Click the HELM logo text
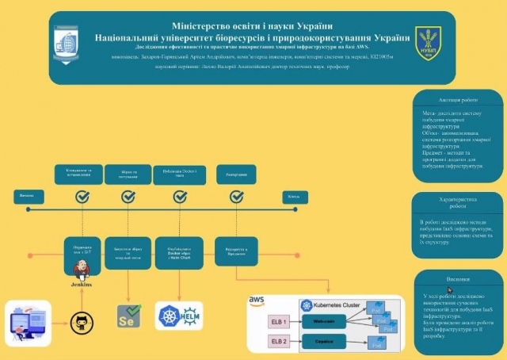[191, 316]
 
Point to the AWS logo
[256, 301]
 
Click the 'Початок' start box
[27, 196]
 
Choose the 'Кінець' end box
[293, 196]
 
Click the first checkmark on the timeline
[81, 196]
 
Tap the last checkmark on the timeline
[236, 196]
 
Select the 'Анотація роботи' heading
[459, 101]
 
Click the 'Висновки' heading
[459, 279]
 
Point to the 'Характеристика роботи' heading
[459, 203]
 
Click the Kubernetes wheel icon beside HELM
[169, 316]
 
